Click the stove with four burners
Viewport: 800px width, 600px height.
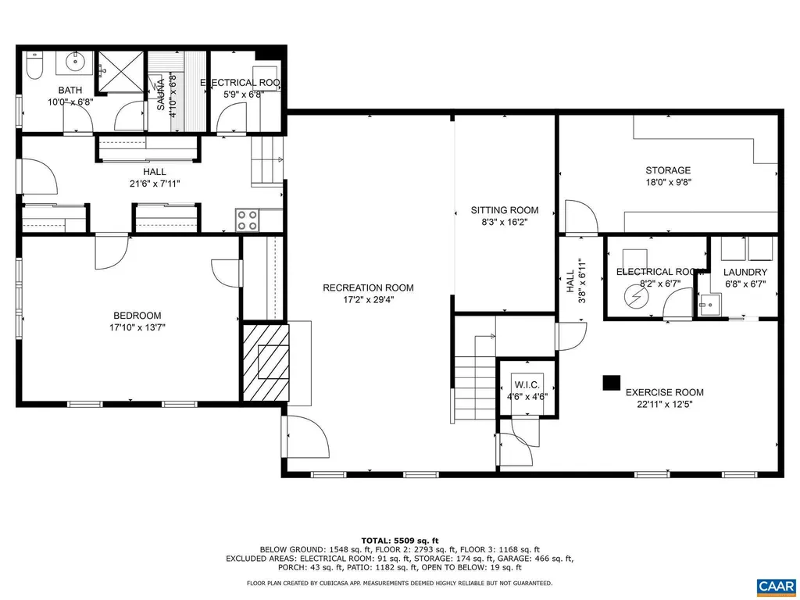point(248,220)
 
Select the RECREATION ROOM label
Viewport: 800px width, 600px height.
point(368,287)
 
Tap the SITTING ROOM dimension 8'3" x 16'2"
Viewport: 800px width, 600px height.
point(505,221)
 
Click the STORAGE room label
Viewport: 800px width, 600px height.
point(667,170)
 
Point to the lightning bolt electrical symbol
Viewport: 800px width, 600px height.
point(634,298)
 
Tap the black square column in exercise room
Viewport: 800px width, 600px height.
point(611,382)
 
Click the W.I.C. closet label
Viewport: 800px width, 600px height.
point(526,385)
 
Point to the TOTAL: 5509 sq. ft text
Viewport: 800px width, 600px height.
point(400,541)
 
